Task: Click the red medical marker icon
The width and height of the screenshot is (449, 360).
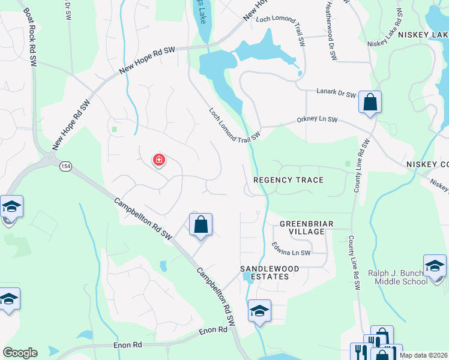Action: point(159,160)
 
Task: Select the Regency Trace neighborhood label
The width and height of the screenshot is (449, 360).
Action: point(288,180)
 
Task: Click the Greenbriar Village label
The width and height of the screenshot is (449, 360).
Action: point(306,228)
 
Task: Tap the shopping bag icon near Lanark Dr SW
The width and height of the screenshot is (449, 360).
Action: point(370,103)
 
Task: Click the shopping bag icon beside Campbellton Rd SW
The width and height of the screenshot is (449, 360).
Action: point(201,225)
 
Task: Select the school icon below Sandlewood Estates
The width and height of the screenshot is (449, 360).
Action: point(259,311)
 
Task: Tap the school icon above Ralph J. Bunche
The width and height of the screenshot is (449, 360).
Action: point(435,265)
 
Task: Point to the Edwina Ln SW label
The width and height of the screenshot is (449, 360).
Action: point(291,249)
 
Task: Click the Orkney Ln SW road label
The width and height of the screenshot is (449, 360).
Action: point(317,120)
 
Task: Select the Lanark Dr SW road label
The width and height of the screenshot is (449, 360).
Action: point(336,94)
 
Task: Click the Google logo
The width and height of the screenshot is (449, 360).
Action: point(20,353)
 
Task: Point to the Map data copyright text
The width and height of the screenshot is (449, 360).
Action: point(423,355)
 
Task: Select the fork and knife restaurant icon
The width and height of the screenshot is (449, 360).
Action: point(360,352)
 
